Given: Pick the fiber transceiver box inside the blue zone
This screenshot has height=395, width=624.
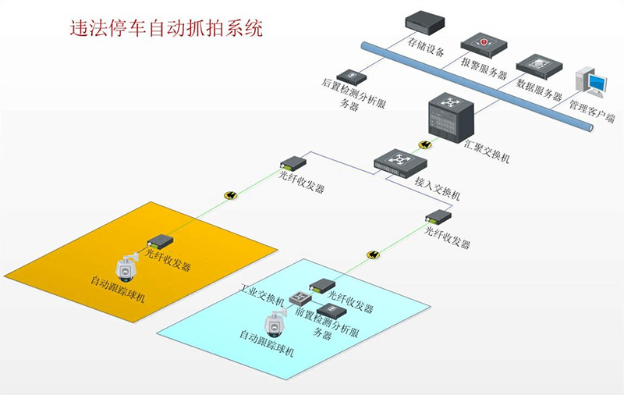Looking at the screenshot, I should click(x=322, y=286).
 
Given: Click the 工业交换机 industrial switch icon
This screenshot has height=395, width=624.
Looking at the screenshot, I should click(x=300, y=298).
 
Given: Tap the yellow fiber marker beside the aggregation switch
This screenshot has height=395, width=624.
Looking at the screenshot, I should click(x=425, y=144).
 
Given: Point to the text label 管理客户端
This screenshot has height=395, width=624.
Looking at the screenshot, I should click(x=591, y=109).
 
